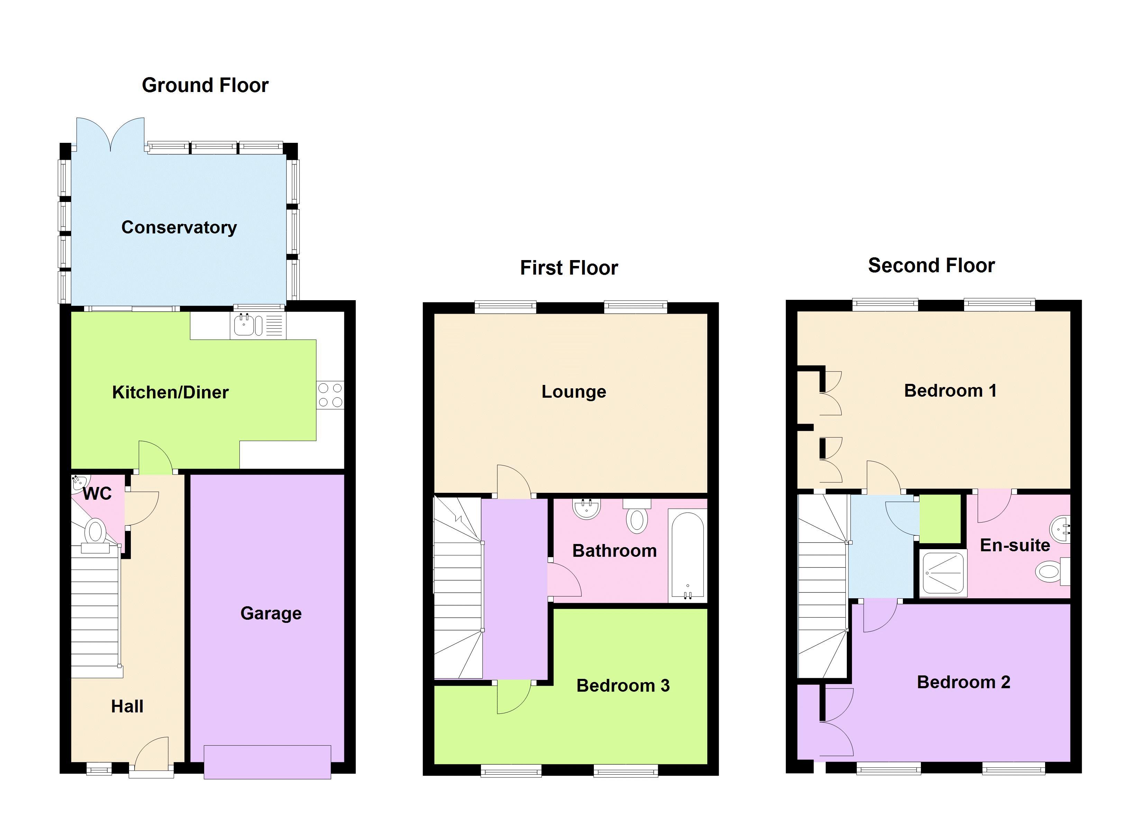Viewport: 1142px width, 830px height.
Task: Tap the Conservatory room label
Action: [x=179, y=228]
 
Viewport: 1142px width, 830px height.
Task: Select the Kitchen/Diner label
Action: [x=170, y=392]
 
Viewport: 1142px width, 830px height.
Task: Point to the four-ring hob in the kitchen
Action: [x=330, y=395]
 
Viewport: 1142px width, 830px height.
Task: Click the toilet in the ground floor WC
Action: [x=95, y=532]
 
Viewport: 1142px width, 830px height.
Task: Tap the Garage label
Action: [x=271, y=613]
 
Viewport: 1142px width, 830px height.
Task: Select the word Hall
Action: [x=127, y=706]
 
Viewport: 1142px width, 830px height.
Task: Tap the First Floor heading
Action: [x=569, y=268]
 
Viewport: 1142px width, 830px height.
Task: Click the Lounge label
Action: [x=573, y=391]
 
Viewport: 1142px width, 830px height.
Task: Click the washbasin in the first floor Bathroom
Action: [x=586, y=509]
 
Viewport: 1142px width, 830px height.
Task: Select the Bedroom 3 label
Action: [x=623, y=685]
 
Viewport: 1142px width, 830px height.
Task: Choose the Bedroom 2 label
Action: [x=963, y=682]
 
